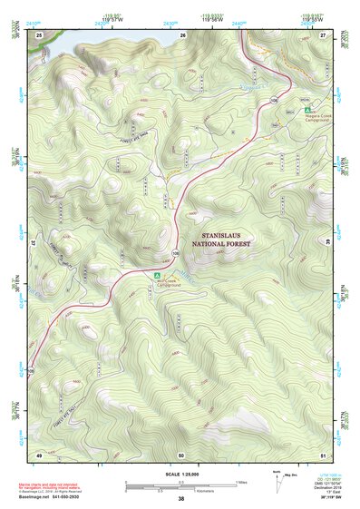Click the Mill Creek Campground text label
[x=170, y=283]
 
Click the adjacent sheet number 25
[x=39, y=34]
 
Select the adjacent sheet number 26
[x=182, y=34]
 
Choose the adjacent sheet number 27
[x=324, y=34]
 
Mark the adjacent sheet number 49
[x=39, y=454]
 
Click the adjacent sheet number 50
[x=181, y=454]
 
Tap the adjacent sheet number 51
[x=324, y=454]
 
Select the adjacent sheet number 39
[x=329, y=243]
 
